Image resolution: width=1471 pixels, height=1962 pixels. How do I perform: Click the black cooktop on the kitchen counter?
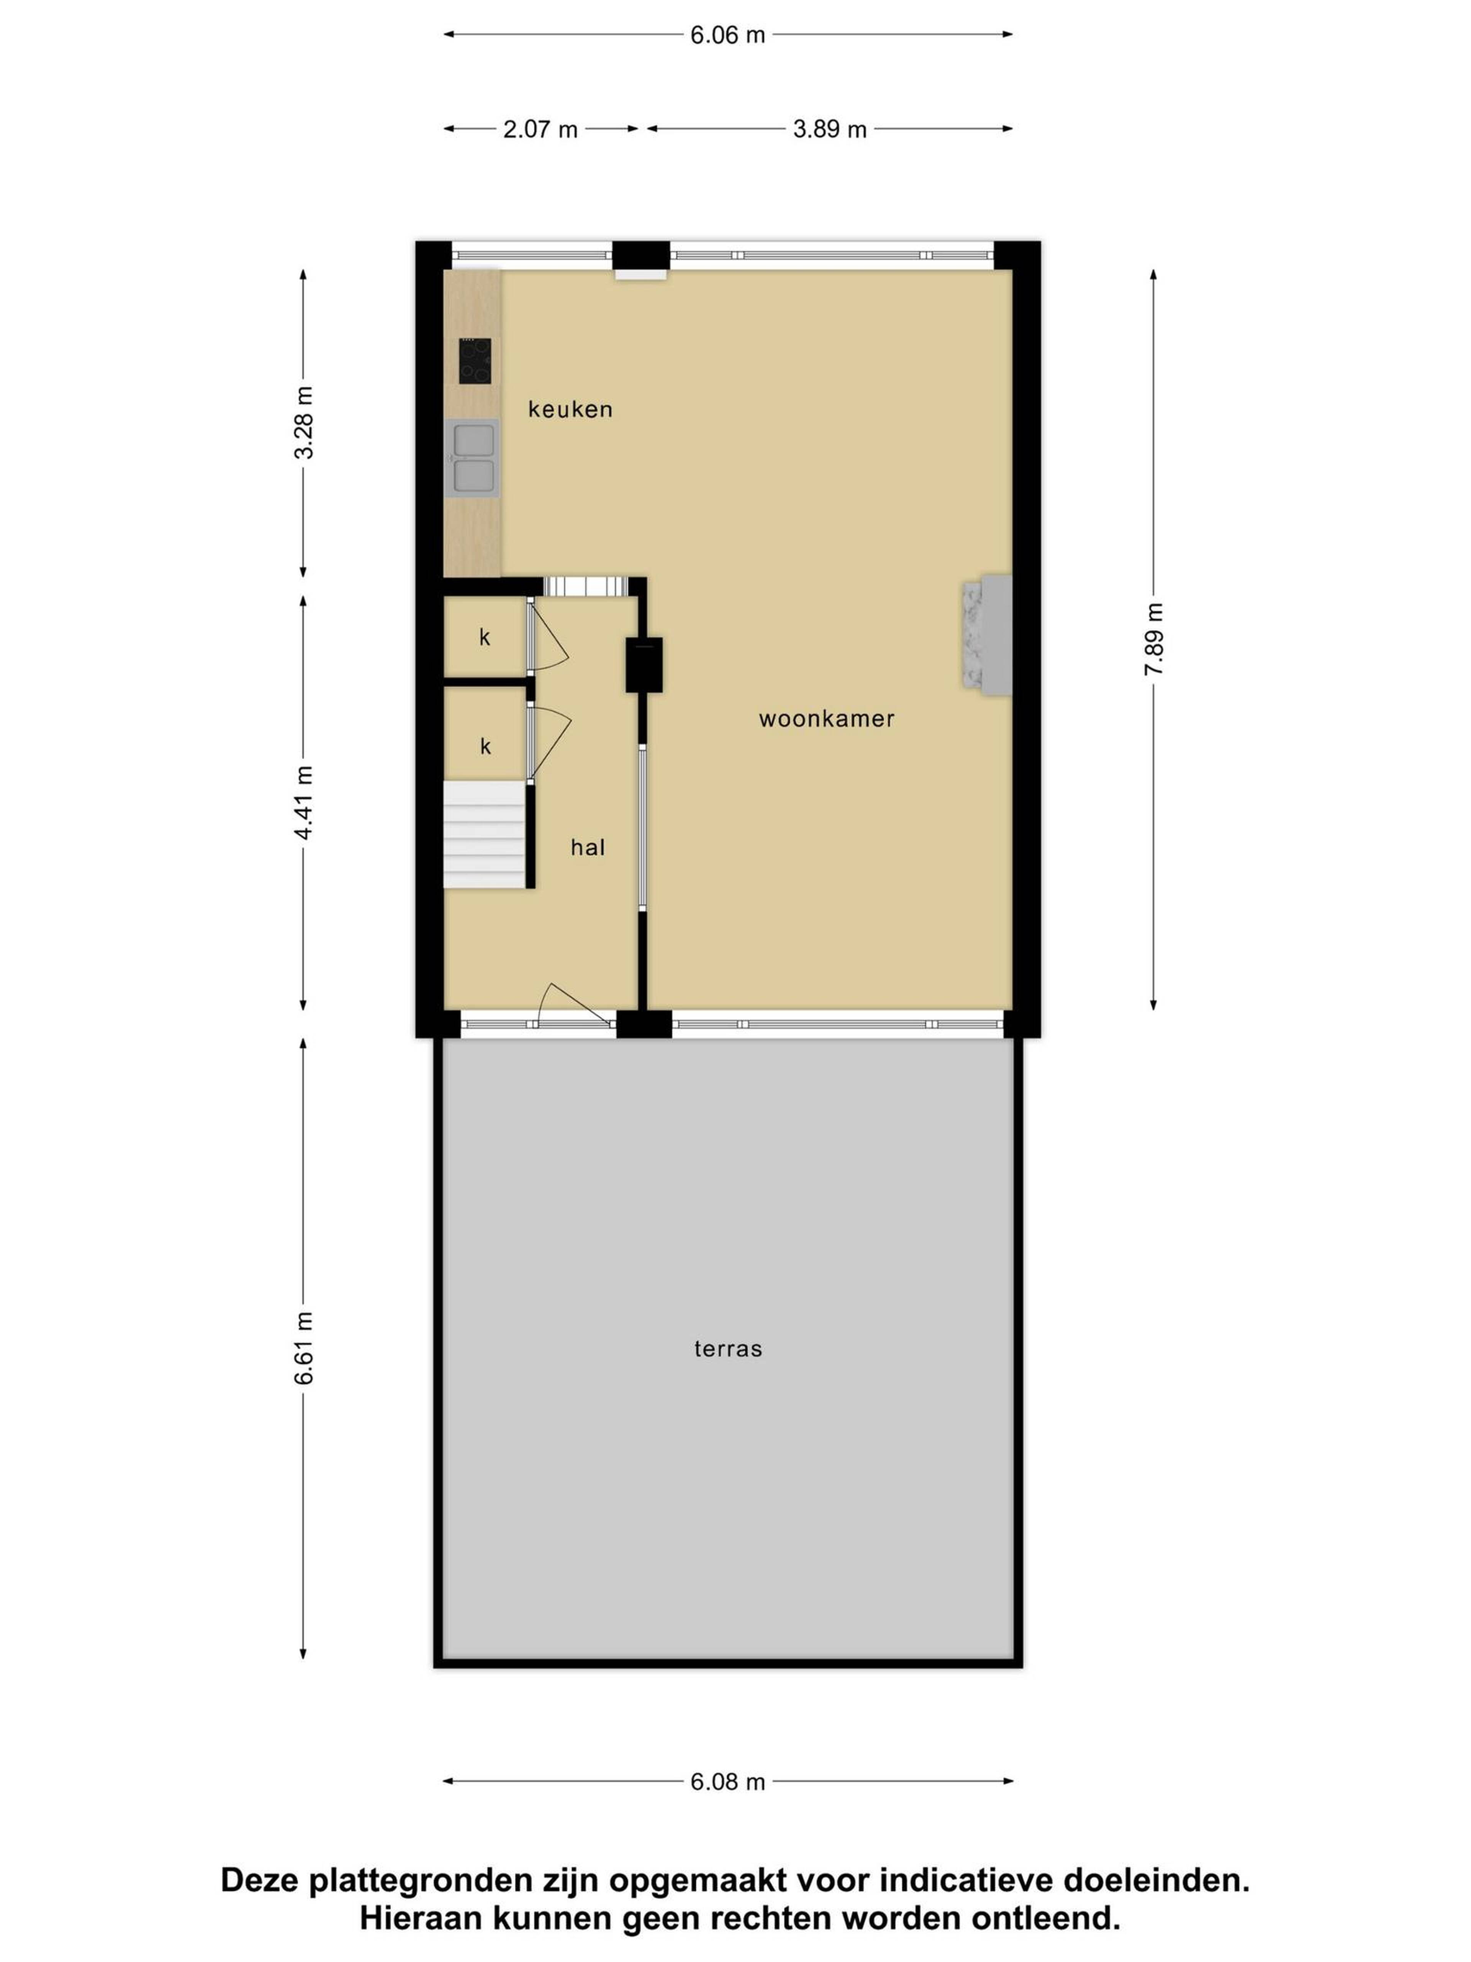pyautogui.click(x=474, y=361)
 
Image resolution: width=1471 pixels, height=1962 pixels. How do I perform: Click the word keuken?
pyautogui.click(x=570, y=409)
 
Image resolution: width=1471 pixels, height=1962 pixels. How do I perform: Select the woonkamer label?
pyautogui.click(x=826, y=719)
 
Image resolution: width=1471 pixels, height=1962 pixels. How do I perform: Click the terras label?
pyautogui.click(x=728, y=1348)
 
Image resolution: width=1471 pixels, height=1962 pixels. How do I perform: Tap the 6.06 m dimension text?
pyautogui.click(x=727, y=34)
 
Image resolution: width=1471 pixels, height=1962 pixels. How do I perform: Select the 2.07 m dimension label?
pyautogui.click(x=540, y=130)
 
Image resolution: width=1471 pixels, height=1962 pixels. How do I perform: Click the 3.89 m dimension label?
pyautogui.click(x=829, y=130)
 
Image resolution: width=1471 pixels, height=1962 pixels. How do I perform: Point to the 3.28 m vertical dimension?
pyautogui.click(x=303, y=423)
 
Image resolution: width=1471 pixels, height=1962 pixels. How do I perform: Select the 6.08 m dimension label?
pyautogui.click(x=727, y=1781)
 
